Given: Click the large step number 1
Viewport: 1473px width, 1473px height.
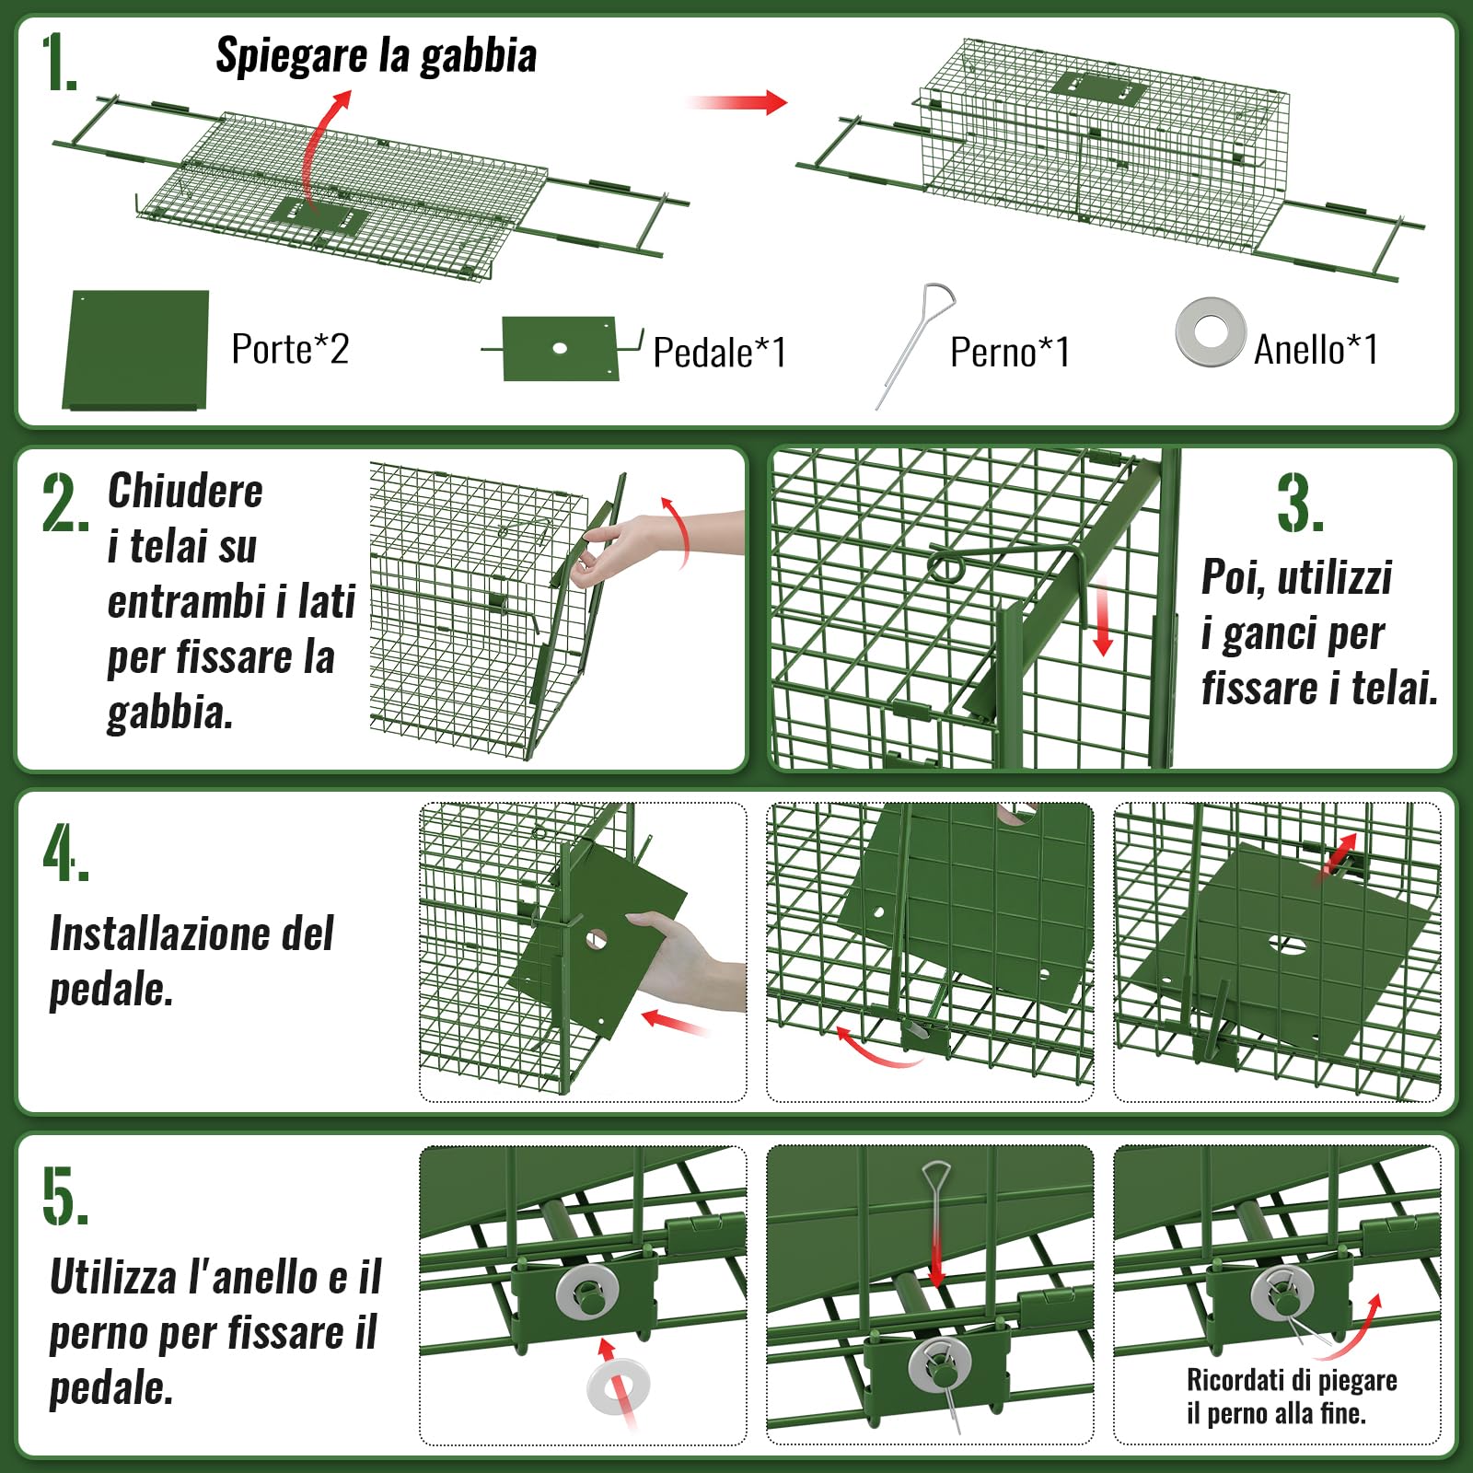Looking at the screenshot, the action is coord(58,63).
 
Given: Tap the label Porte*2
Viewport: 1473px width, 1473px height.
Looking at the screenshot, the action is coord(290,349).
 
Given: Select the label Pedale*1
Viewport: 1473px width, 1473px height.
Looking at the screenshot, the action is coord(719,352).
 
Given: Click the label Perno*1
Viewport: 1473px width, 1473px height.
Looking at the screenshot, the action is coord(1009,352).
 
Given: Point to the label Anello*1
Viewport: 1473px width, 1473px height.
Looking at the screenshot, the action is coord(1316,349).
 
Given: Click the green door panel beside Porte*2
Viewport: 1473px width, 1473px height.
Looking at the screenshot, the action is coord(136,350).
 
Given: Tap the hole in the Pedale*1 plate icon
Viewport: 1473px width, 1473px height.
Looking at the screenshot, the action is coord(560,348).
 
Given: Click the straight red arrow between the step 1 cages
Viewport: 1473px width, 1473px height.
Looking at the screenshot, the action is coord(736,101).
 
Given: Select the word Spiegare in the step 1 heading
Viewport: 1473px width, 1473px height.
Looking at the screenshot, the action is coord(291,56).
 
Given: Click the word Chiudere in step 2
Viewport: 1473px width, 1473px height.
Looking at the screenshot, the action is coord(185,491).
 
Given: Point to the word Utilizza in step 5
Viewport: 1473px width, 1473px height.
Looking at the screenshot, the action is coord(113,1277).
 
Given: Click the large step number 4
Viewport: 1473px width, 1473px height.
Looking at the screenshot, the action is coord(65,852).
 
